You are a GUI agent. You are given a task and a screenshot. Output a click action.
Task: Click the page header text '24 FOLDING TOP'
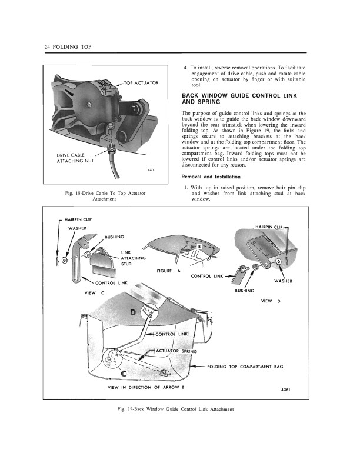(66, 47)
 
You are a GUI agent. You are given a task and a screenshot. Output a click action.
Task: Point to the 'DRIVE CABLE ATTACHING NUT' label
(72, 158)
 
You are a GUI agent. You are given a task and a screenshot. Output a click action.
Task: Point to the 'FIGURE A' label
(169, 271)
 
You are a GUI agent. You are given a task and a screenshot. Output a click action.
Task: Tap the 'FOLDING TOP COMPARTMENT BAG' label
(246, 367)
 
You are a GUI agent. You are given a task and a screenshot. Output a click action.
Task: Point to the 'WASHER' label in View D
(283, 281)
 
